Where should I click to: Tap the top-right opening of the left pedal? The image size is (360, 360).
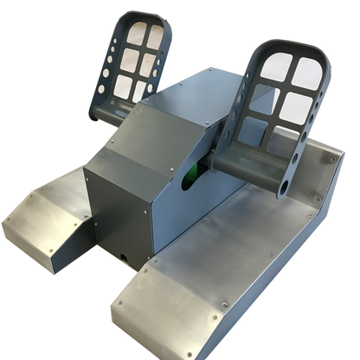154,38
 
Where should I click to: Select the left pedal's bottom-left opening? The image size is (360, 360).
122,86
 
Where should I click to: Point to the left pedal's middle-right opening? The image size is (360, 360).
148,65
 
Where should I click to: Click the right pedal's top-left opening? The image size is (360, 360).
276,67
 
